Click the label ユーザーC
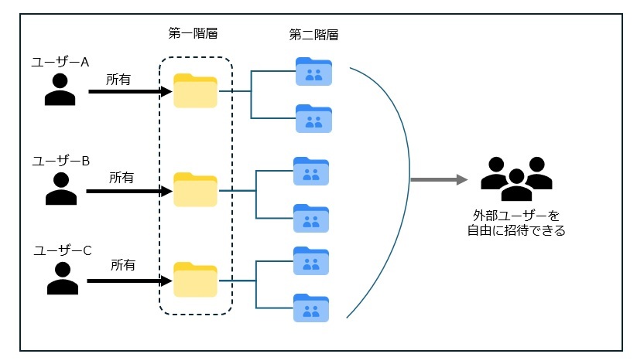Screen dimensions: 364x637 click(x=63, y=250)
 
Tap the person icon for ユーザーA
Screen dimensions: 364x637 click(x=60, y=90)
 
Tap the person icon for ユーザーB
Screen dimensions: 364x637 click(x=61, y=189)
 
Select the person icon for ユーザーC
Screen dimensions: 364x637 click(x=63, y=279)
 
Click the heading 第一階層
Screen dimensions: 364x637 click(x=192, y=34)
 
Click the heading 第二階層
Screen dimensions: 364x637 click(x=313, y=35)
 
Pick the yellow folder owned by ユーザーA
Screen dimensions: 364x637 click(x=195, y=90)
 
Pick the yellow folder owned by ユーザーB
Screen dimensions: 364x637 click(x=195, y=189)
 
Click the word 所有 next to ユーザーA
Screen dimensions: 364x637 click(x=119, y=79)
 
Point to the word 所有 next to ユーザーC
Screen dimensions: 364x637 click(x=123, y=265)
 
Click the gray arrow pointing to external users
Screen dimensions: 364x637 click(x=439, y=180)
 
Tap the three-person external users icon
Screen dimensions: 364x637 click(x=516, y=179)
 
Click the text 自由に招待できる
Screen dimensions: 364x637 click(x=516, y=230)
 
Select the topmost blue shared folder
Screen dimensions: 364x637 click(x=313, y=71)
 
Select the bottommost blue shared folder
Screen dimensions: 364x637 click(x=313, y=308)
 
